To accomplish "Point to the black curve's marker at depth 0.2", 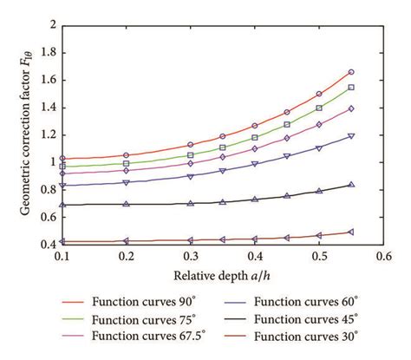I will click(x=127, y=204).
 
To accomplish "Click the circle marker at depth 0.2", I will click(x=127, y=155).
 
